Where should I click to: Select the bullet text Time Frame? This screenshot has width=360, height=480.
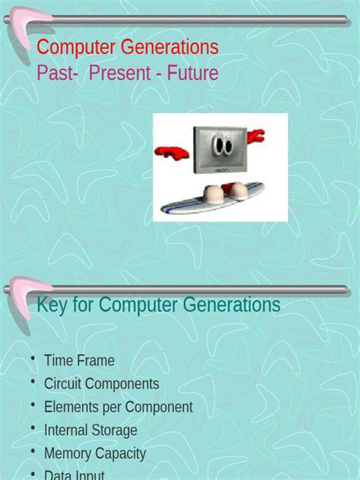coord(79,361)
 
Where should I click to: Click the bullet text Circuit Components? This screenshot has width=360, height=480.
coord(102,384)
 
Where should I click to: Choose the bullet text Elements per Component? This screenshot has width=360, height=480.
coord(118,407)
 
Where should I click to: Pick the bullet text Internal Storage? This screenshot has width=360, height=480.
coord(90,431)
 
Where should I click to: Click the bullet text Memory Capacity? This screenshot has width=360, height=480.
coord(95,453)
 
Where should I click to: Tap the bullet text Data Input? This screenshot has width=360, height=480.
coord(74,475)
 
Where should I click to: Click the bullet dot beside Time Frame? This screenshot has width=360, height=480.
coord(33,358)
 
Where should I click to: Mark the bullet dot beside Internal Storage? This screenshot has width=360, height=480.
coord(33,428)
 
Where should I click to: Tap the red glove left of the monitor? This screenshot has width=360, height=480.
coord(172,152)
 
